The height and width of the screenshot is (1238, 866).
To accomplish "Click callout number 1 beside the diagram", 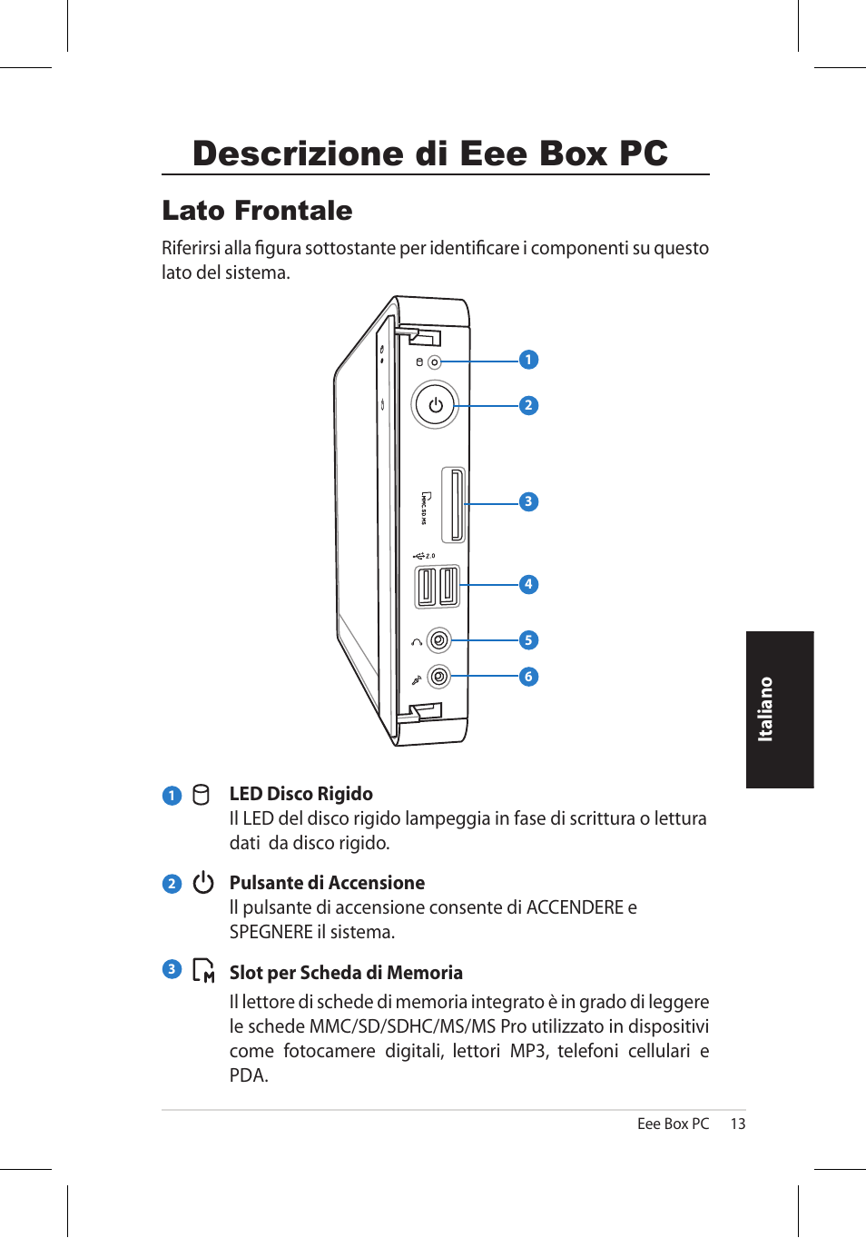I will [528, 360].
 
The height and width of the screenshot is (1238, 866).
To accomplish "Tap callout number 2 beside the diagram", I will [528, 405].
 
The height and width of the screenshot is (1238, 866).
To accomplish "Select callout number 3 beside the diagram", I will [528, 501].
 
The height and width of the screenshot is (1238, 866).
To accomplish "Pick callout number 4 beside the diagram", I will [528, 584].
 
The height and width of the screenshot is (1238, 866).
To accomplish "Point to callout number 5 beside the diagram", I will [528, 640].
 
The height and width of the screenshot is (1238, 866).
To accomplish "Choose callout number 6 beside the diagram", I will [528, 677].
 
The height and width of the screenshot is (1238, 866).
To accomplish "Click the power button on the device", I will [436, 405].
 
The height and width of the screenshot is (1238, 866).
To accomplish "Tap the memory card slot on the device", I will [454, 505].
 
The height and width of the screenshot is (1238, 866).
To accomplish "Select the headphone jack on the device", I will [438, 640].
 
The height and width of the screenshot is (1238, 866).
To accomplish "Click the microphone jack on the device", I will [438, 677].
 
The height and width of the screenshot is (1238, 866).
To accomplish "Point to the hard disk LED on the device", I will [434, 362].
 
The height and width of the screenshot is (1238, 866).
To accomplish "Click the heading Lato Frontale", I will [257, 211].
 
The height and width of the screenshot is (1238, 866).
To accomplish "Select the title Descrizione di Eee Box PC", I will [430, 154].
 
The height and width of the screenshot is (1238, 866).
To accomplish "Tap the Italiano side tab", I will [780, 709].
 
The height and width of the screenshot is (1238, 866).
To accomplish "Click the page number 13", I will [738, 1124].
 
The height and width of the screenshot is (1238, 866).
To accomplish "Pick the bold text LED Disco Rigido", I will [300, 794].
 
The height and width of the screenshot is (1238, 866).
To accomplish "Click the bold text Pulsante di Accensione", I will [327, 883].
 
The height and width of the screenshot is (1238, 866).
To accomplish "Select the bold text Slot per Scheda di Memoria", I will [346, 973].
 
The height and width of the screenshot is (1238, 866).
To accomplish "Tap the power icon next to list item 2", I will [203, 883].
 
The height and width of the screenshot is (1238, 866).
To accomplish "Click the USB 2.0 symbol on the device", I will [424, 556].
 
